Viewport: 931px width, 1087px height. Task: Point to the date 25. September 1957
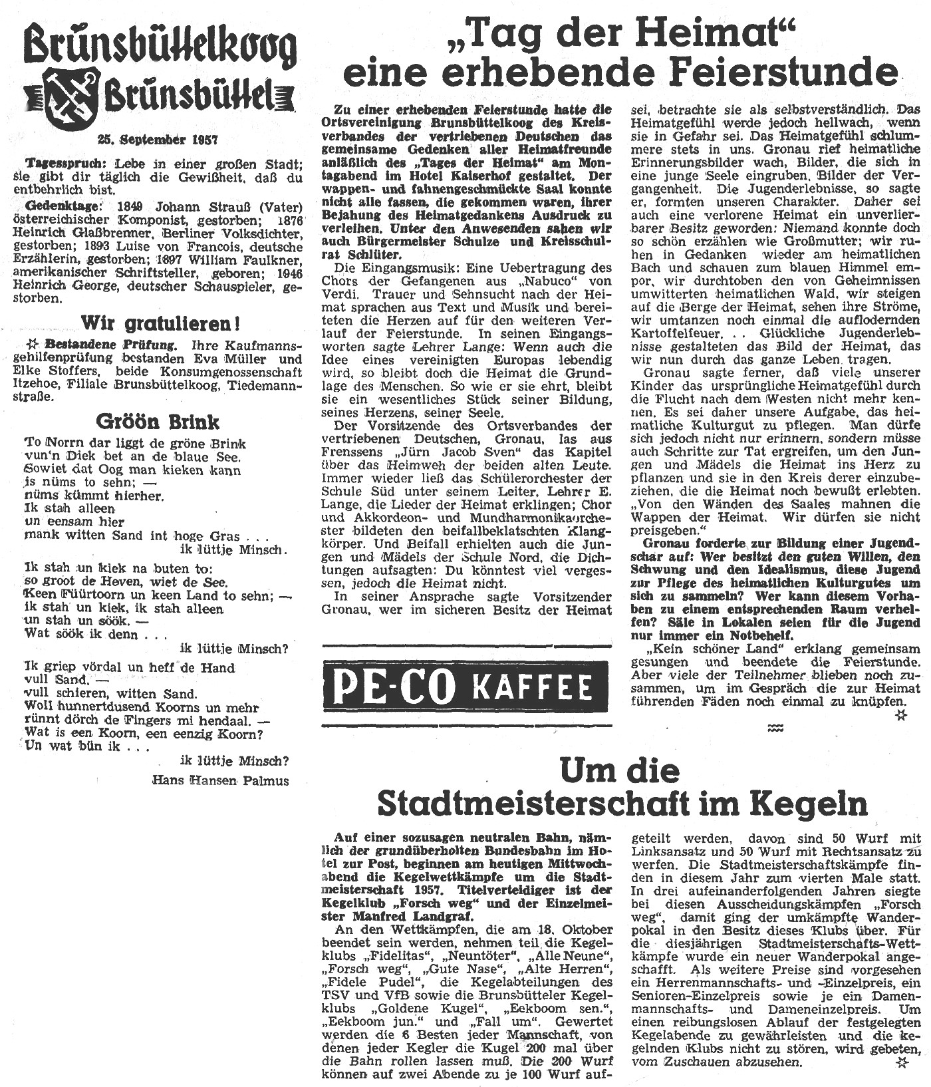(x=157, y=140)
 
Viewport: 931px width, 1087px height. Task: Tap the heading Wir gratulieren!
(x=160, y=324)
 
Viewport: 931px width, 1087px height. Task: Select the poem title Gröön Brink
(x=158, y=421)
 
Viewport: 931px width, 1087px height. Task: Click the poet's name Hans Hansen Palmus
(x=221, y=780)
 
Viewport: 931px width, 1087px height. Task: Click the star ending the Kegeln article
(x=902, y=1063)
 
